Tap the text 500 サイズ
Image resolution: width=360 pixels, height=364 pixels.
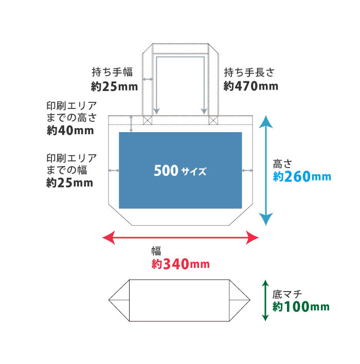point(180,171)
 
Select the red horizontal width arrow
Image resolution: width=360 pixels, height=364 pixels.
point(180,237)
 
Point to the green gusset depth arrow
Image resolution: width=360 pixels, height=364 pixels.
point(265,300)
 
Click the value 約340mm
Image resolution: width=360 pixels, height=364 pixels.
point(181,264)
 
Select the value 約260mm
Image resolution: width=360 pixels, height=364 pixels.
point(302,177)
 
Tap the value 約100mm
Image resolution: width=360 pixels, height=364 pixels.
point(301,307)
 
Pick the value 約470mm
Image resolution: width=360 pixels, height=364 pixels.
point(251,86)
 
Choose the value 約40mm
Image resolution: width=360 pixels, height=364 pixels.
point(70,130)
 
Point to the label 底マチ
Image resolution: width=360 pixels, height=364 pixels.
point(287,294)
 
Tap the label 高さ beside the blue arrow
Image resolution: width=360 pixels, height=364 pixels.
point(282,164)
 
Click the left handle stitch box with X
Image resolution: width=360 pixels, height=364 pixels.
point(148,120)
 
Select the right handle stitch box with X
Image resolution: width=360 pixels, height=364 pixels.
point(213,120)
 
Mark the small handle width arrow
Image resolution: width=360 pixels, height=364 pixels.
point(148,79)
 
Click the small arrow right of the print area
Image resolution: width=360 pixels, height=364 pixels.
point(247,170)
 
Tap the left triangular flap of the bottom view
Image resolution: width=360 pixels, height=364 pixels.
point(120,300)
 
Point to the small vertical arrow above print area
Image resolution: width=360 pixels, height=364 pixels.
point(132,124)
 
